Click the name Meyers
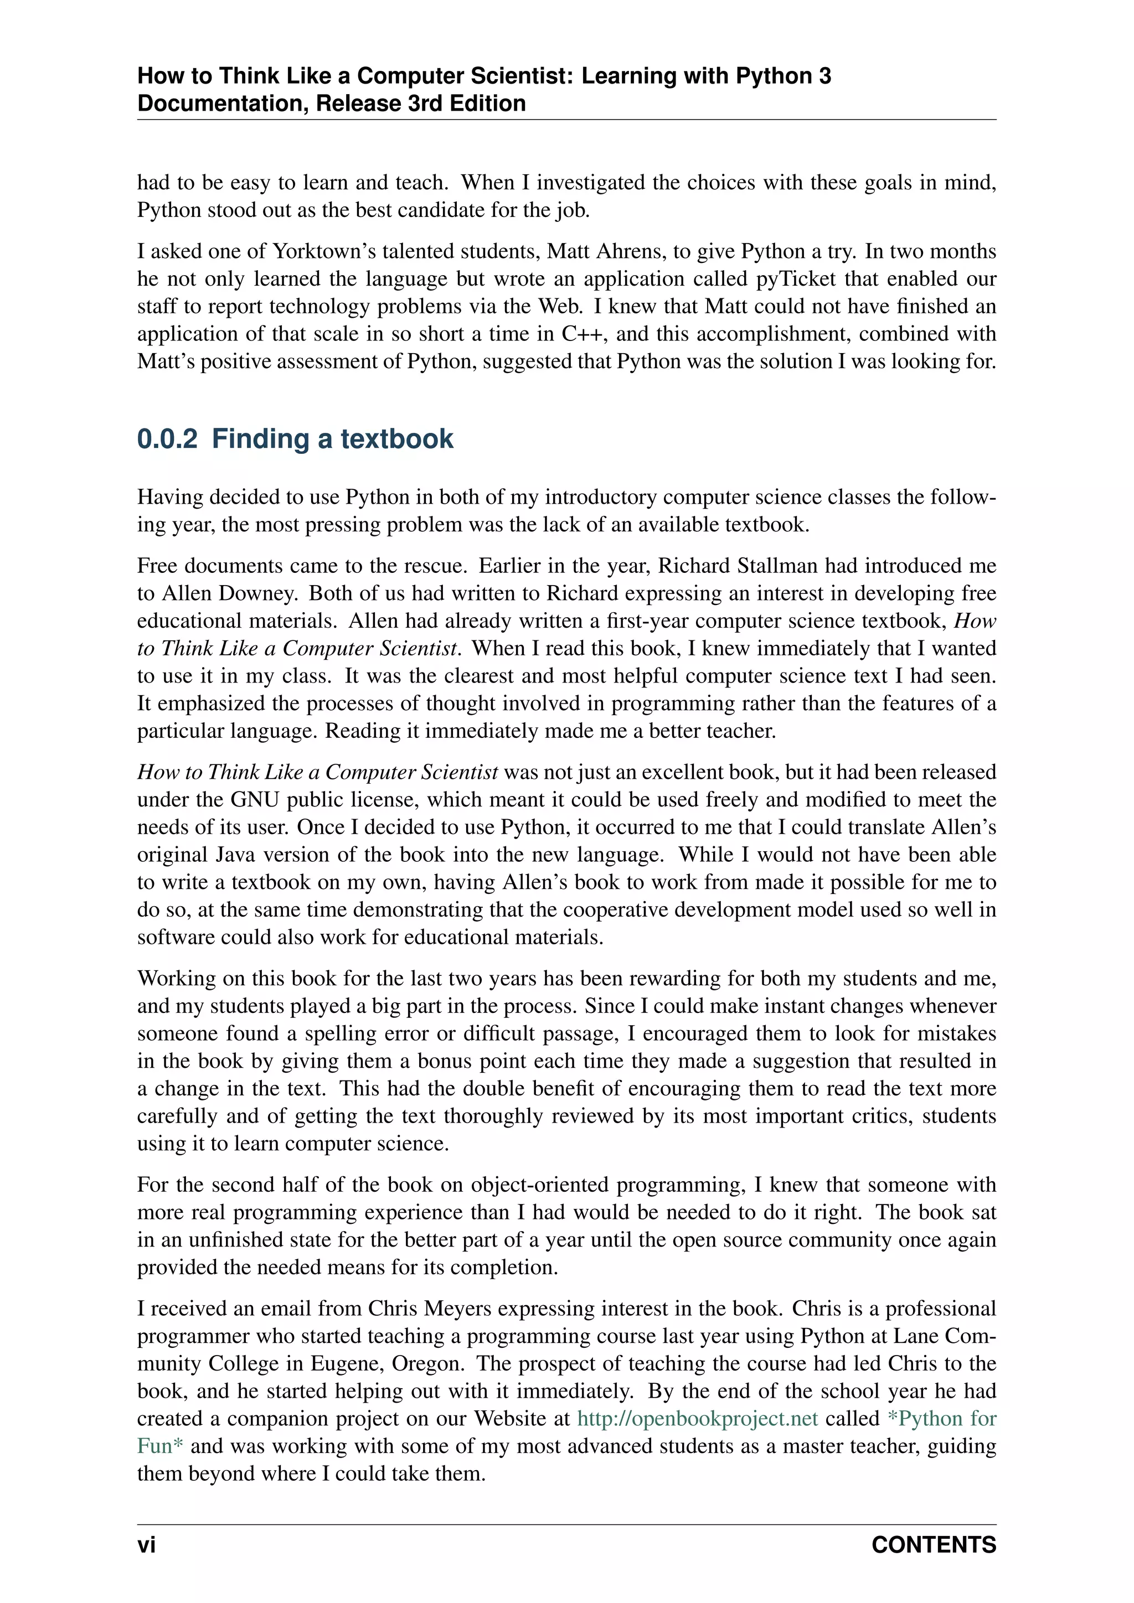point(458,1309)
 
